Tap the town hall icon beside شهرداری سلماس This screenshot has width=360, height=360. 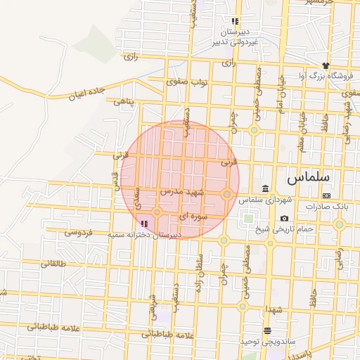pyautogui.click(x=265, y=188)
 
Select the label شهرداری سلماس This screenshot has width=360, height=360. pyautogui.click(x=264, y=200)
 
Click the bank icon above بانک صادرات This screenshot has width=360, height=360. pyautogui.click(x=326, y=195)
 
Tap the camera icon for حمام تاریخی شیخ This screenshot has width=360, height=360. pyautogui.click(x=284, y=218)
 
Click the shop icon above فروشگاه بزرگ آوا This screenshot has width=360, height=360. pyautogui.click(x=326, y=65)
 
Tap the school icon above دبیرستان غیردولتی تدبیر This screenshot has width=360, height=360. pyautogui.click(x=234, y=21)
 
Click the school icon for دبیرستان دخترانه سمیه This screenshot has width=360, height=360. pyautogui.click(x=145, y=223)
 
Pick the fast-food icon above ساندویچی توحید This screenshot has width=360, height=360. pyautogui.click(x=266, y=330)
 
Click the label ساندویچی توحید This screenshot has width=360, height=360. pyautogui.click(x=264, y=341)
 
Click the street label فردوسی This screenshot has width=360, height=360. pyautogui.click(x=78, y=232)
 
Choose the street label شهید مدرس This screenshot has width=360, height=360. pyautogui.click(x=181, y=192)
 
